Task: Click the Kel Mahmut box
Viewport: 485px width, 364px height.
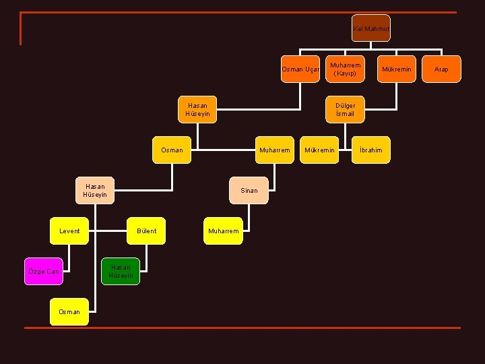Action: (x=371, y=28)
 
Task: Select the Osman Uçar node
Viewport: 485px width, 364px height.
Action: (x=300, y=69)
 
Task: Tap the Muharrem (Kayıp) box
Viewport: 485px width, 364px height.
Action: (x=345, y=69)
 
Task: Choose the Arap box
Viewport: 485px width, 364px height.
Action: (x=441, y=69)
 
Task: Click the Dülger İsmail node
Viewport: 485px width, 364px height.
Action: (x=345, y=110)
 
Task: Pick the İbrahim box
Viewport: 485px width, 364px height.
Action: (x=371, y=150)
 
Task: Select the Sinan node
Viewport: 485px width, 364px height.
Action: (x=249, y=191)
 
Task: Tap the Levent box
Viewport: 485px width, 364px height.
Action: (x=69, y=231)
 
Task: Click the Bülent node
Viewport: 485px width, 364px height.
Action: (x=146, y=231)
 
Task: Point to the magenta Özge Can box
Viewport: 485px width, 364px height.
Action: (x=44, y=272)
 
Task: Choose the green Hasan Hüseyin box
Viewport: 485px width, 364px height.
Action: (x=121, y=272)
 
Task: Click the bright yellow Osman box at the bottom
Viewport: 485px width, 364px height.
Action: (x=69, y=311)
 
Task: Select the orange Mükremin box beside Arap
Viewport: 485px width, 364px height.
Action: (x=397, y=69)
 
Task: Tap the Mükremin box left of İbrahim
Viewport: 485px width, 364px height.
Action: (x=319, y=150)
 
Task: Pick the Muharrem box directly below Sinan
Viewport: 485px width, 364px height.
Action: (x=223, y=231)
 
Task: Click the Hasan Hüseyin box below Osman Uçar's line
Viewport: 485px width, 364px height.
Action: (x=197, y=110)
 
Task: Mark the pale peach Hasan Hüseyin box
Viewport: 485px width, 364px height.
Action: (x=95, y=191)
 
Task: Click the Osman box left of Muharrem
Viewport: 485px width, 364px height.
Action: (x=172, y=150)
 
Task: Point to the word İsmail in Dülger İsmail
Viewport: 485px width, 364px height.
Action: (x=345, y=114)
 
